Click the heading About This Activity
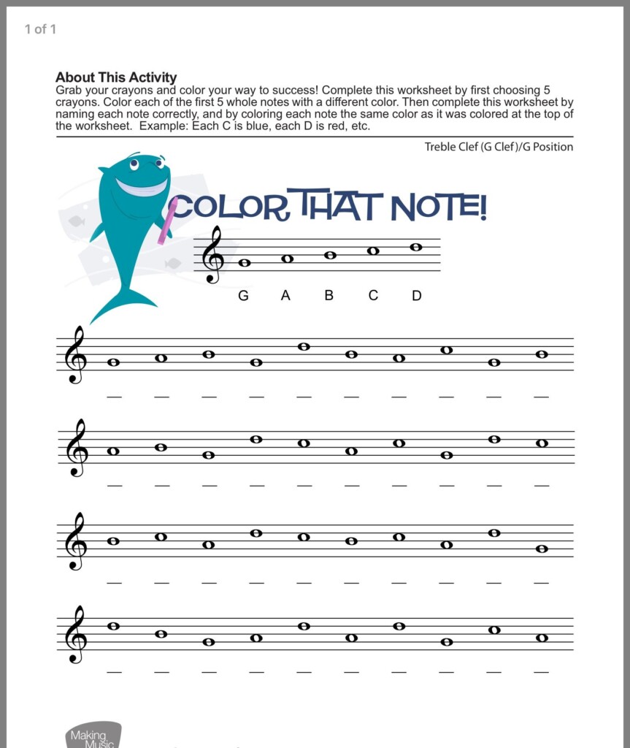pos(116,77)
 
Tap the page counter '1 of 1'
pos(40,29)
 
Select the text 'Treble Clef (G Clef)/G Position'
pos(499,147)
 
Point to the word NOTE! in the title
pos(438,207)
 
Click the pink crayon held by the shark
pos(168,220)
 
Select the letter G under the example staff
pos(243,296)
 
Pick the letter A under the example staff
pos(286,296)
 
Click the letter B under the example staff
pos(329,296)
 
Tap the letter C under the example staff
pos(373,296)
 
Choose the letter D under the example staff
pos(417,296)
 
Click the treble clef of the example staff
pos(212,255)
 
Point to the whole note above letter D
pos(416,247)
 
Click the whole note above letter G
pos(244,263)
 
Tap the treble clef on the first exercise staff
pos(75,356)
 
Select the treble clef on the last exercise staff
pos(75,635)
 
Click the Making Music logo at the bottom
pos(91,735)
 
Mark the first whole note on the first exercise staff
pos(113,362)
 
